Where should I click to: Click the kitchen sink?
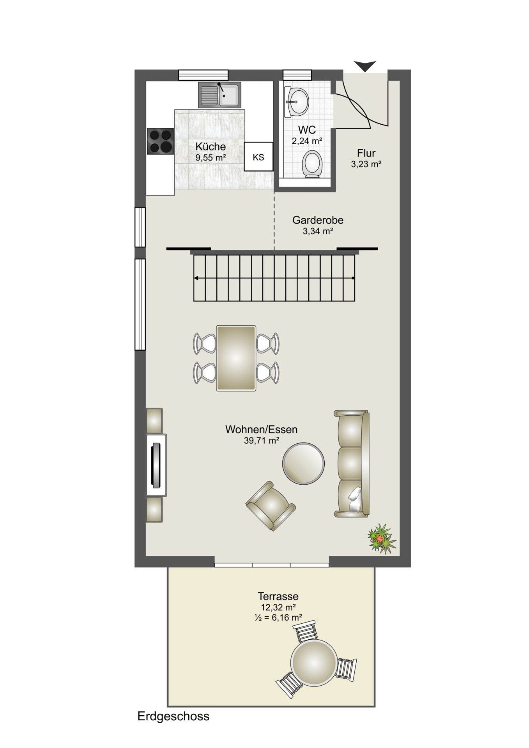[x=219, y=95]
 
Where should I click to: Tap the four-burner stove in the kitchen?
[x=160, y=141]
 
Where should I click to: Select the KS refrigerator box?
[x=258, y=157]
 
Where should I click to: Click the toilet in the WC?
[x=312, y=164]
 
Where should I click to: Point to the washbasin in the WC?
[x=297, y=102]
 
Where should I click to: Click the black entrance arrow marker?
[x=365, y=66]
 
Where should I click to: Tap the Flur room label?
[x=366, y=153]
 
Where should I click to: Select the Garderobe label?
[x=318, y=220]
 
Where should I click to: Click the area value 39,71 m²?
[x=261, y=441]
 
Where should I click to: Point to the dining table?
[x=236, y=358]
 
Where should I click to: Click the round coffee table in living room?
[x=303, y=464]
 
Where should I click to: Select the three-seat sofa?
[x=352, y=464]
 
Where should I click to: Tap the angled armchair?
[x=271, y=506]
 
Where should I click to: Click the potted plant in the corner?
[x=382, y=539]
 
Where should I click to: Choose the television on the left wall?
[x=156, y=465]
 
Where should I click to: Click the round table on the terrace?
[x=313, y=662]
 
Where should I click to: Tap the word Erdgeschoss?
[x=173, y=716]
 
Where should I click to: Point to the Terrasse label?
[x=278, y=596]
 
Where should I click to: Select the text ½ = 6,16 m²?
[x=278, y=617]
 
